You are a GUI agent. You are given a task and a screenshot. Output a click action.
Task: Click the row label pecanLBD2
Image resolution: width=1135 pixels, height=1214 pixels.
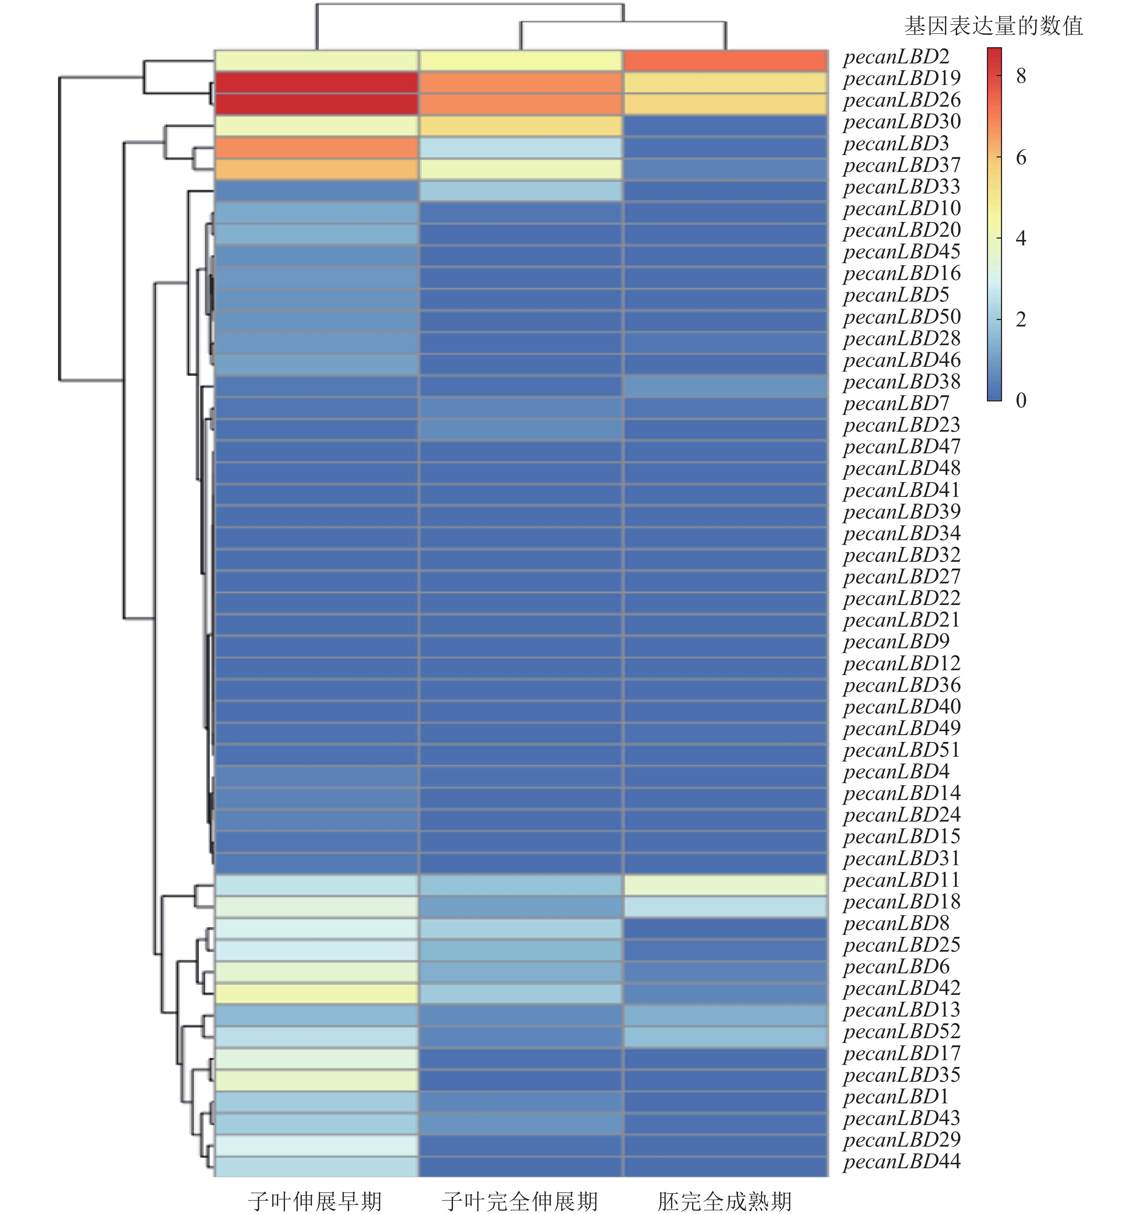(896, 57)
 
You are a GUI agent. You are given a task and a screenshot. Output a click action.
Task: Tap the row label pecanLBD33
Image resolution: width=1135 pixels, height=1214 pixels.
(902, 187)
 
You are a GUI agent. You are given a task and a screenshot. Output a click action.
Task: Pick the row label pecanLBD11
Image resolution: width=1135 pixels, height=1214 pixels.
(902, 881)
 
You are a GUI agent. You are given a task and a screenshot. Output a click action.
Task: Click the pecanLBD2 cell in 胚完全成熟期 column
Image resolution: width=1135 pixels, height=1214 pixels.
(725, 61)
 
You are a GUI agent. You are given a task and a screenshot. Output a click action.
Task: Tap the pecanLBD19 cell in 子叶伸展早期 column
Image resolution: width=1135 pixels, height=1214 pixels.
(316, 83)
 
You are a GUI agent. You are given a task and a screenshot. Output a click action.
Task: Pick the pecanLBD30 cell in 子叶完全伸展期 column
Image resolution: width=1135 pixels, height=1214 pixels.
(520, 126)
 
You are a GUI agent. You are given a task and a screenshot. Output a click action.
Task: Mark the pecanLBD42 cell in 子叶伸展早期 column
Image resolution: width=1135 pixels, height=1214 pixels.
(316, 993)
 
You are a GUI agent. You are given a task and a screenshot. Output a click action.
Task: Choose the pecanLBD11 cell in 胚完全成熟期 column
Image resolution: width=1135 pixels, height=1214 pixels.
(725, 885)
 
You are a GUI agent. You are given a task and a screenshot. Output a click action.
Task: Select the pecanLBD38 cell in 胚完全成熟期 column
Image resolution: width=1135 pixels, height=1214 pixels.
(725, 386)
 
